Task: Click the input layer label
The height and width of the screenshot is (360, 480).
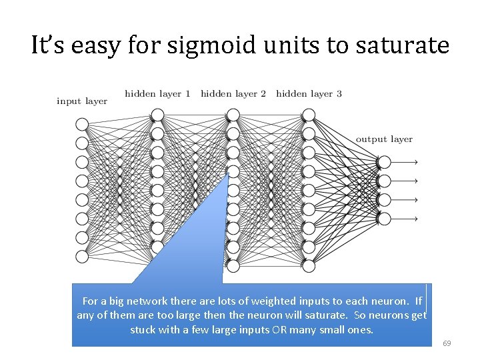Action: tap(82, 101)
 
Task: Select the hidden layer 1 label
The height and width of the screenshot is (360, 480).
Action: tap(157, 94)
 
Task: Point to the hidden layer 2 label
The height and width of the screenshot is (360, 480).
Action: tap(233, 94)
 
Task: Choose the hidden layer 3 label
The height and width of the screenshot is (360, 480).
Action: tap(309, 94)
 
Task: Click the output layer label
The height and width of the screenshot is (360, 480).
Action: tap(384, 139)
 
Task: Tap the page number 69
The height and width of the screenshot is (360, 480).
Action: tap(447, 343)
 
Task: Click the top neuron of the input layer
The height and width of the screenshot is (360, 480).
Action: tap(82, 124)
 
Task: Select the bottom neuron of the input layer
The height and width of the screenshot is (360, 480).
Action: tap(82, 257)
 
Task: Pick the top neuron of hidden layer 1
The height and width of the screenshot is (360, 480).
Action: tap(157, 115)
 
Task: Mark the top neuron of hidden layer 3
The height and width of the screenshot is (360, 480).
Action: tap(309, 115)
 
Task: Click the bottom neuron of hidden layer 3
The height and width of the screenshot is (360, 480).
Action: tap(309, 266)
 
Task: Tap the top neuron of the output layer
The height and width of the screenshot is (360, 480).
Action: tap(384, 162)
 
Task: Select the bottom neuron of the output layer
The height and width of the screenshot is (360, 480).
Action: tap(384, 219)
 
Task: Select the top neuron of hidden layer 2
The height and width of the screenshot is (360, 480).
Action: tap(233, 115)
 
